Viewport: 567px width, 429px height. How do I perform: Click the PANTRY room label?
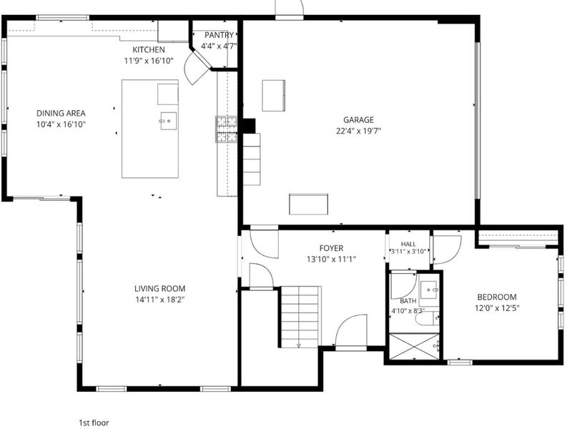pos(219,35)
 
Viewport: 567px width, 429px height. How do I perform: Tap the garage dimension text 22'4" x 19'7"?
pos(359,131)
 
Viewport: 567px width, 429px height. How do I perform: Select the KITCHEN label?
pos(149,49)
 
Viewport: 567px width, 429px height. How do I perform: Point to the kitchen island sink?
pos(168,121)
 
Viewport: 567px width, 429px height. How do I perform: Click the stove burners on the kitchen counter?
pos(227,129)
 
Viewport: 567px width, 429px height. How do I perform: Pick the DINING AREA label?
pos(61,113)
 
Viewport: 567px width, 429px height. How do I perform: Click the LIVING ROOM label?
pos(160,289)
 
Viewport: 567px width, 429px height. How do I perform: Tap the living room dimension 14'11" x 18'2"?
pos(160,300)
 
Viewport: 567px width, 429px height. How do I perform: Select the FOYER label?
pos(331,248)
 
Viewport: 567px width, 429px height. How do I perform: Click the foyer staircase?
pos(301,317)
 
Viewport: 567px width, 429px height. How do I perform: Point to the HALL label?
pos(408,244)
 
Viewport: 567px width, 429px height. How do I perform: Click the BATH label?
pos(408,301)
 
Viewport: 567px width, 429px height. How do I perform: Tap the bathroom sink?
pos(430,290)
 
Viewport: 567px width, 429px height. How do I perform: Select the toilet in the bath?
pos(427,318)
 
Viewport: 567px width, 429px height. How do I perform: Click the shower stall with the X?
pos(414,347)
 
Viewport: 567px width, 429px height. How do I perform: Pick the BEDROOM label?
pos(497,297)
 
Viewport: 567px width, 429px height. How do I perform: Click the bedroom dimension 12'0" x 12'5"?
pos(497,309)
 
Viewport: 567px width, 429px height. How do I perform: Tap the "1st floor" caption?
pos(94,423)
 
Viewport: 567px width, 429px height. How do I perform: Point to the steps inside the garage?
pos(252,159)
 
